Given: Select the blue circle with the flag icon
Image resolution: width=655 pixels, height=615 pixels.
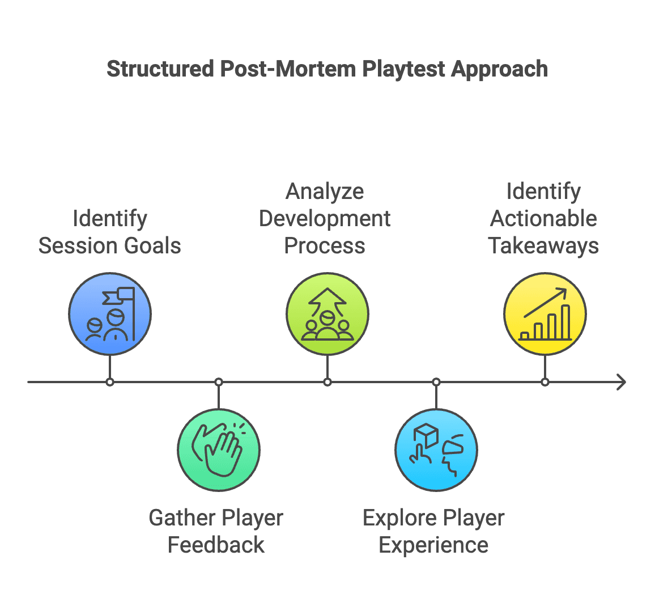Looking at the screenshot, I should pos(110,314).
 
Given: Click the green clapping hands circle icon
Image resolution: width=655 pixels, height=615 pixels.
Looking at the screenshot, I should pos(219,450).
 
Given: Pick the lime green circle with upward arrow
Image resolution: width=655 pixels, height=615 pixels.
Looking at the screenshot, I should pos(327,314).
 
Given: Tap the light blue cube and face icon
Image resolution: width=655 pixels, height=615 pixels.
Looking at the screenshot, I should pos(436,450).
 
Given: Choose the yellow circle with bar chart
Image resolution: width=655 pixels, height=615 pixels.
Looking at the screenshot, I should pos(545,314).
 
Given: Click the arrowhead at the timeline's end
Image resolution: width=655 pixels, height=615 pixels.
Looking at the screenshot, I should pos(622,382).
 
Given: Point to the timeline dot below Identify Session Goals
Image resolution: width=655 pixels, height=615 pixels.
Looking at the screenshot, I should pos(110,382).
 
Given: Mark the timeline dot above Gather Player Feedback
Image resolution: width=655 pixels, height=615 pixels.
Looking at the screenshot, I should pos(219,382).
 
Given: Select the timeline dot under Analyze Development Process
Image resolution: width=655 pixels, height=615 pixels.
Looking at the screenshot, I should pos(327,382).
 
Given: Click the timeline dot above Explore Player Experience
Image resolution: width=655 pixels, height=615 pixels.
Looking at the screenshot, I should pos(436,382).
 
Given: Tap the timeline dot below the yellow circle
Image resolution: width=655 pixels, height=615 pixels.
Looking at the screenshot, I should pos(545,382).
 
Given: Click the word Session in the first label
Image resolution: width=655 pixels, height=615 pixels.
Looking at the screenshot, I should pos(76,246).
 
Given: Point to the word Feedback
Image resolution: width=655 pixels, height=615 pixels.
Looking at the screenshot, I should pos(216,545).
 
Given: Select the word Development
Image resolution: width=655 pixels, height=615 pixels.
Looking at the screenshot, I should pos(325,219).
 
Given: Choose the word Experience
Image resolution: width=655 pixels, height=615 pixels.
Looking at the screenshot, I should pos(433,545).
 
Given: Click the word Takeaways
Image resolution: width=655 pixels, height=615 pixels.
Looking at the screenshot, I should pos(543,246).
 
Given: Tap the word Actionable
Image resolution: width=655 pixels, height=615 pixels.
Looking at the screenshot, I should pos(543,219).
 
